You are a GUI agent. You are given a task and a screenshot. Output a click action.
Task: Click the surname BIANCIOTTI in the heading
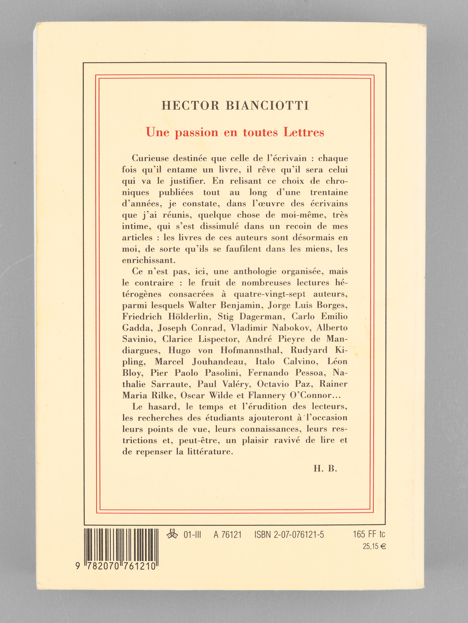268,106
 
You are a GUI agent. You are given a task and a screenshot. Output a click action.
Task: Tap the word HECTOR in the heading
190,106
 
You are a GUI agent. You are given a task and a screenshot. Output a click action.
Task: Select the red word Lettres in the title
303,132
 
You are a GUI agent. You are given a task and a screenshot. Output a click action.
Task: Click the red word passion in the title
196,133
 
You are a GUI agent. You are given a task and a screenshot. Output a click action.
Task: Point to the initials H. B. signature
325,468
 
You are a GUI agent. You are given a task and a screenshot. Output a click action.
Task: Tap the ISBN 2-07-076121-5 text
289,535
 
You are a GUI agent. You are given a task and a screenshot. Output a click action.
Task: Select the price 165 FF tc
369,534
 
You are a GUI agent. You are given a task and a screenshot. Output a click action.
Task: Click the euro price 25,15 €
374,546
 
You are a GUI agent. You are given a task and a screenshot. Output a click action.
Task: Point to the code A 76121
227,535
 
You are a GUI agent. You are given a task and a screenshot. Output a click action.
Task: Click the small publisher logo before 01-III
172,534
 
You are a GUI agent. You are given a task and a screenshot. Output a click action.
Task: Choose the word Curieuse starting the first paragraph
150,158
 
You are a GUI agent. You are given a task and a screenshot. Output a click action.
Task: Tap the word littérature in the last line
210,452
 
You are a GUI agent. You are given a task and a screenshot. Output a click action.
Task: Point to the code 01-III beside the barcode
192,535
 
